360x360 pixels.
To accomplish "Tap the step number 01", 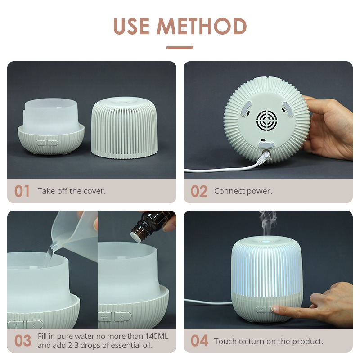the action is click(22, 191).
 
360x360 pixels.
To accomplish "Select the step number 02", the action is click(199, 191).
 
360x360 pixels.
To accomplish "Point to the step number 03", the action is click(23, 341).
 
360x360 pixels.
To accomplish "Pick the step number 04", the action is click(199, 341).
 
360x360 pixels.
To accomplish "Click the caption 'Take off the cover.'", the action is click(72, 191).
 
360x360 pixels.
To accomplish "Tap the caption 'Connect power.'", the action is click(243, 191).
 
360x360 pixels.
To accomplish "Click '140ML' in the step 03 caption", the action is click(157, 336).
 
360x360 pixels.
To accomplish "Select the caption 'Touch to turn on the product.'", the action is click(269, 342).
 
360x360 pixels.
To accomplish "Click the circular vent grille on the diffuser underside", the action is click(266, 121).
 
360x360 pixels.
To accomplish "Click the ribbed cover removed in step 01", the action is click(125, 128).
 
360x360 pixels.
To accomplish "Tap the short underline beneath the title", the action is click(180, 48).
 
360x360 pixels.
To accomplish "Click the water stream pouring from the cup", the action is click(49, 255).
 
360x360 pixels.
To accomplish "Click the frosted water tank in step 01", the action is click(51, 116).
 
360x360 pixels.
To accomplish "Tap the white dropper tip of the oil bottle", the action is click(135, 237).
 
